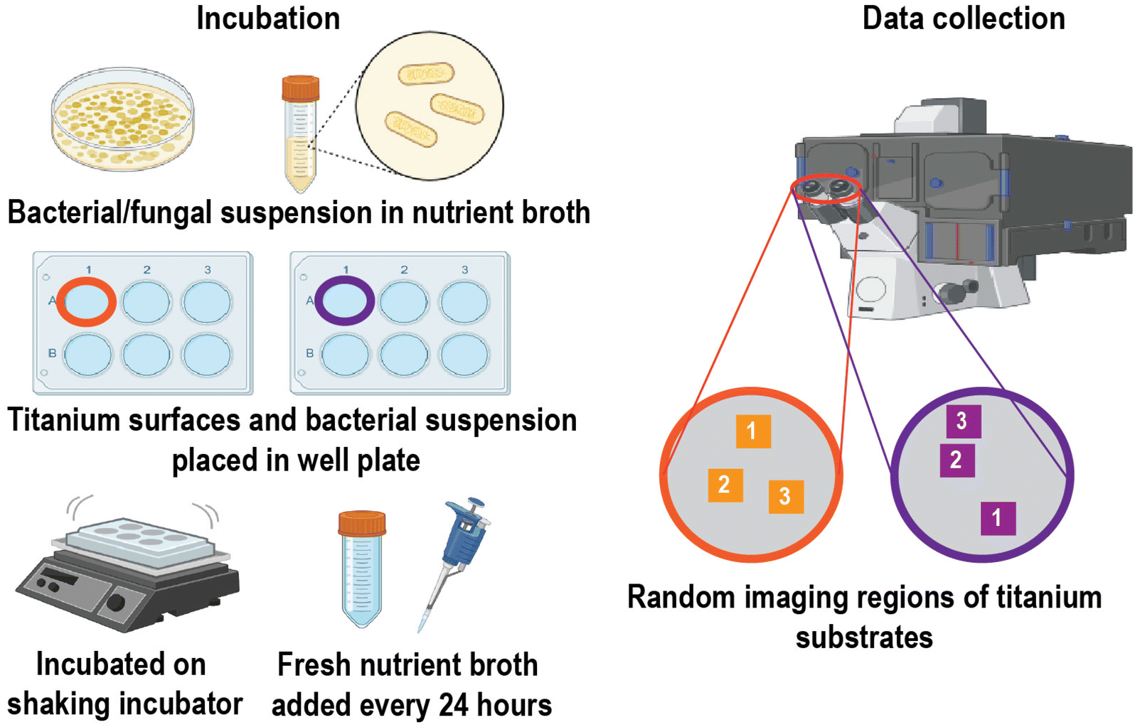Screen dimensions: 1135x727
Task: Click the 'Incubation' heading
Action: [268, 18]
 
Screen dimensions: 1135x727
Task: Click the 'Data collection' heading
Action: [964, 18]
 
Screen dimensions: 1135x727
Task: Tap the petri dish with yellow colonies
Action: [122, 119]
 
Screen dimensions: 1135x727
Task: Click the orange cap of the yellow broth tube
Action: [301, 88]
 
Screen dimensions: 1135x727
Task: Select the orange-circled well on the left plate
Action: [86, 302]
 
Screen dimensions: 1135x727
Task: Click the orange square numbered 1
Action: [753, 431]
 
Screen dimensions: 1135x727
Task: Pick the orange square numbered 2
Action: [725, 485]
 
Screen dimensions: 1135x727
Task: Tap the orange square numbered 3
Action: [786, 497]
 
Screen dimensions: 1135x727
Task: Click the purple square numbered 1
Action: [998, 518]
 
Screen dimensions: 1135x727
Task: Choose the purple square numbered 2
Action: [957, 461]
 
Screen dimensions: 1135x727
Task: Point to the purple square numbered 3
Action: [964, 421]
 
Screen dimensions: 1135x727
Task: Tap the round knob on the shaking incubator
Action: [115, 603]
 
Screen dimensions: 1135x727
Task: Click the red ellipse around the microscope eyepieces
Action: [826, 189]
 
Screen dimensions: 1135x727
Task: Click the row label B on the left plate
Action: [52, 353]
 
